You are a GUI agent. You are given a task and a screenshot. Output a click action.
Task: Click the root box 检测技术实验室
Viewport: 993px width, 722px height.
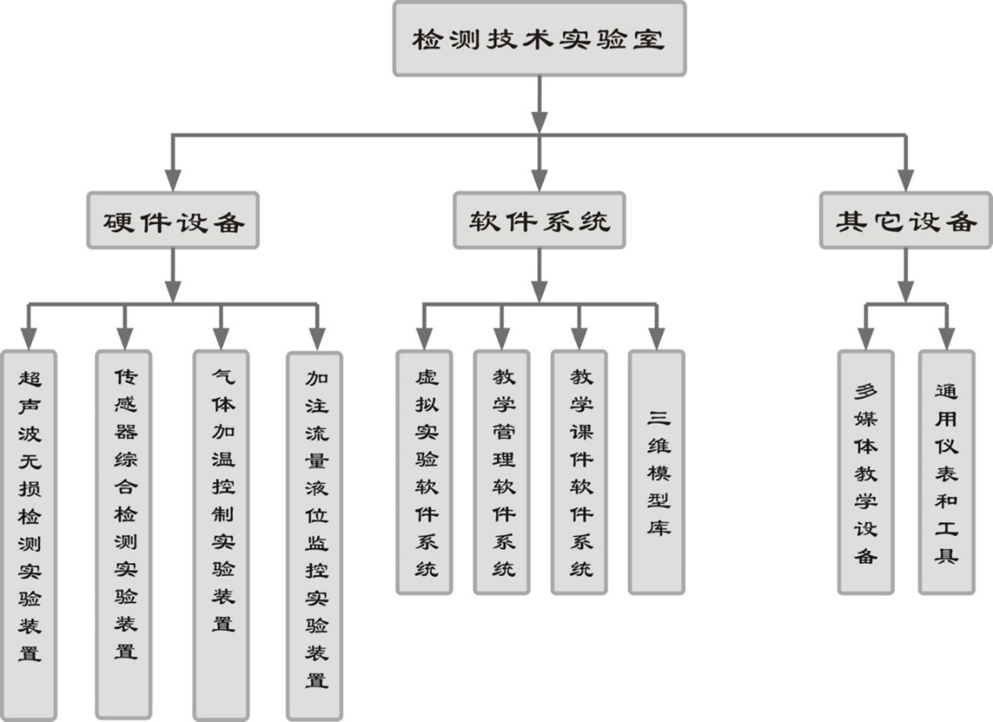point(539,38)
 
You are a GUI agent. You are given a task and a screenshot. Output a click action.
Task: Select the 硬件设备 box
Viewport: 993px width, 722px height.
point(173,221)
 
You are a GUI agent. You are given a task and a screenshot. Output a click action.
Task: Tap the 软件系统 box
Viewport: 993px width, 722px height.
point(539,221)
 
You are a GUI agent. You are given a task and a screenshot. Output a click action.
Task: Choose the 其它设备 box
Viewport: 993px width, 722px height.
point(905,221)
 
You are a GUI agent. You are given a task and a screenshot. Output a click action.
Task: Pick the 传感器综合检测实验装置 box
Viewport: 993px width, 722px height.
point(124,533)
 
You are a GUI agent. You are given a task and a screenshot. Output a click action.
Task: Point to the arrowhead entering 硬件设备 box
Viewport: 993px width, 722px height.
point(173,182)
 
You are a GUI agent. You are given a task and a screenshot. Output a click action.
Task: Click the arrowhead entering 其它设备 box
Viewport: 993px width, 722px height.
point(905,182)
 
